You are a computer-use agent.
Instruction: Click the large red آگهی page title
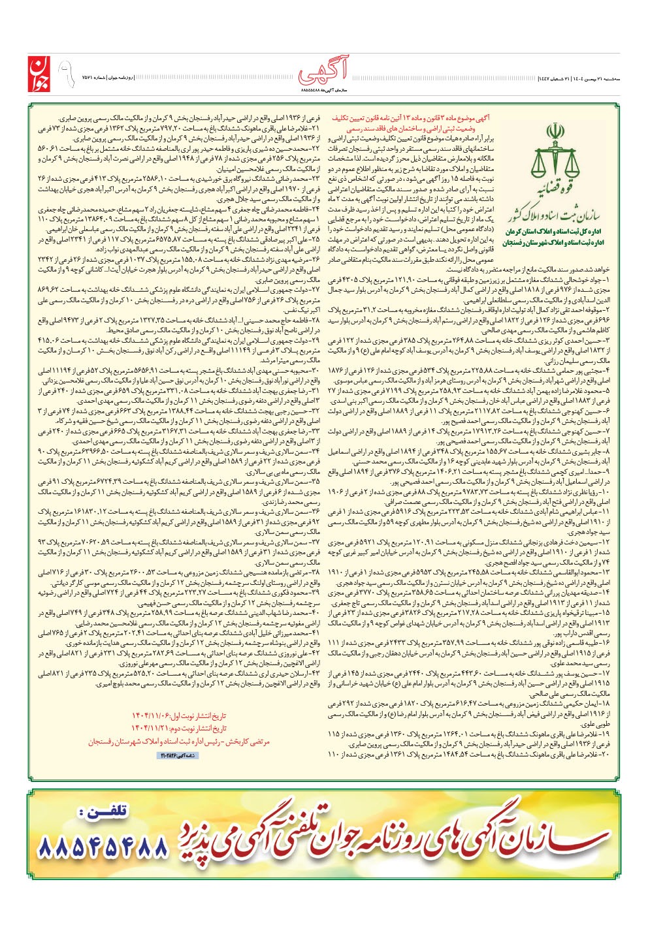click(x=324, y=69)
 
